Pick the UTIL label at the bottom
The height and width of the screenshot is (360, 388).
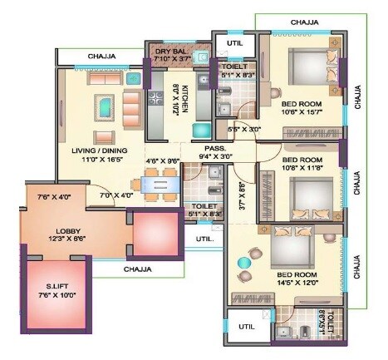tap(247, 327)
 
